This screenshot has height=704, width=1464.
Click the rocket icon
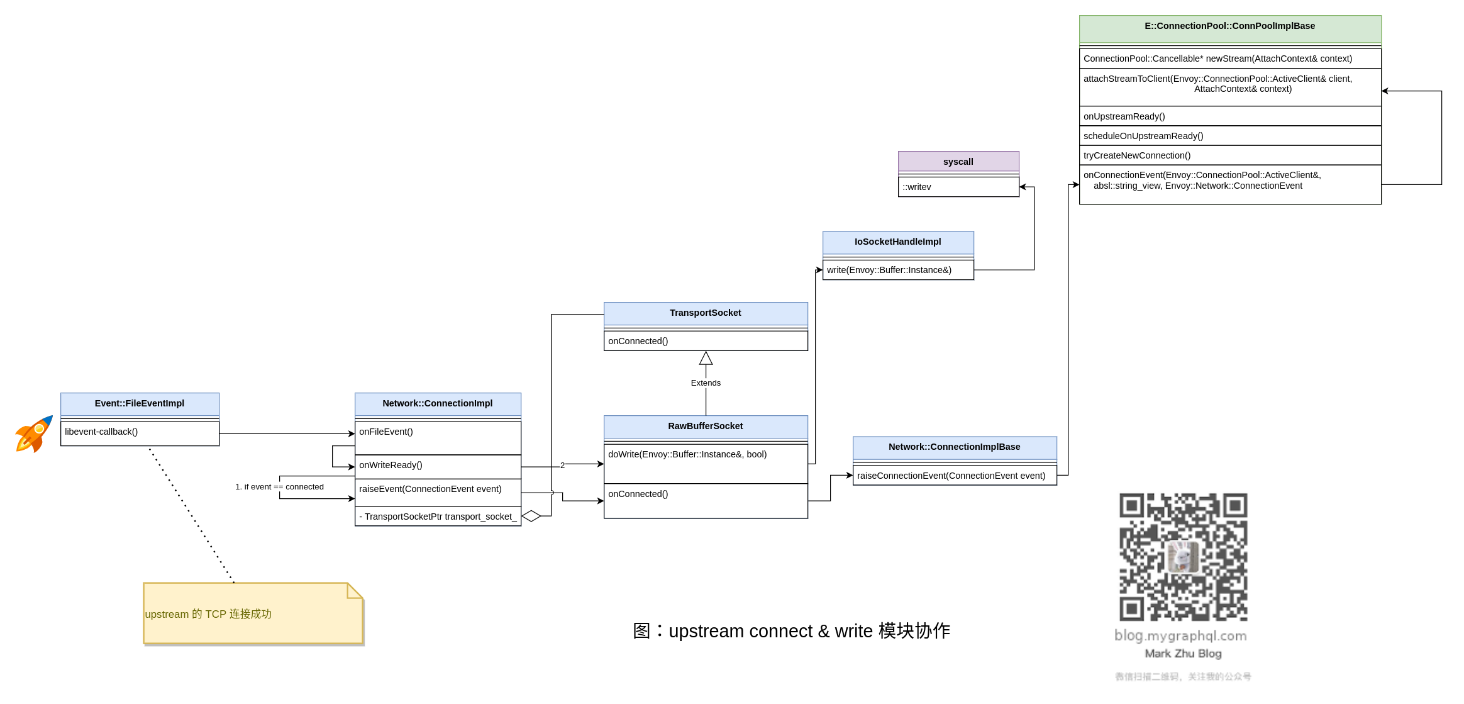pyautogui.click(x=34, y=433)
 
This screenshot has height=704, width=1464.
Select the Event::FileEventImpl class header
pyautogui.click(x=140, y=404)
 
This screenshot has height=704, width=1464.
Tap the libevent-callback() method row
pyautogui.click(x=140, y=432)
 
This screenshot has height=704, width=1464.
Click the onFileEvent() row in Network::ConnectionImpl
pyautogui.click(x=438, y=432)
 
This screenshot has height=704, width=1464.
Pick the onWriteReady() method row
pyautogui.click(x=438, y=466)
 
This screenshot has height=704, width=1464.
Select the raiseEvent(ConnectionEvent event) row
pyautogui.click(x=438, y=489)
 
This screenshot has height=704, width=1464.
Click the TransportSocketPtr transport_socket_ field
pyautogui.click(x=438, y=517)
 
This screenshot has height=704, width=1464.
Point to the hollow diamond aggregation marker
pyautogui.click(x=531, y=517)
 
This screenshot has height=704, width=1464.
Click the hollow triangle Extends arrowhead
pyautogui.click(x=706, y=359)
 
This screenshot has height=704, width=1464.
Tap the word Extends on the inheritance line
pyautogui.click(x=706, y=383)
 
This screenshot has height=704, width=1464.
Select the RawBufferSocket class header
pyautogui.click(x=706, y=427)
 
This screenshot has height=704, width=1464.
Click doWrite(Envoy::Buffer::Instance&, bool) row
pyautogui.click(x=706, y=455)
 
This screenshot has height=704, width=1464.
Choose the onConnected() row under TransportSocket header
pyautogui.click(x=706, y=341)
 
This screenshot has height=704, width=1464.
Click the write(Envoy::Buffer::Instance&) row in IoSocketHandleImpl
pyautogui.click(x=898, y=271)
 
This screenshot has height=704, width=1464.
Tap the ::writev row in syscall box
pyautogui.click(x=958, y=187)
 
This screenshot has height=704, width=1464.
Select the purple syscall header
pyautogui.click(x=958, y=162)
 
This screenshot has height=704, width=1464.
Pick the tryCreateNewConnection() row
pyautogui.click(x=1230, y=155)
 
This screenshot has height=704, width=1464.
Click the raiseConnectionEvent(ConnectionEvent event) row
pyautogui.click(x=955, y=476)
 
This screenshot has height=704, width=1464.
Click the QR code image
pyautogui.click(x=1183, y=557)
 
